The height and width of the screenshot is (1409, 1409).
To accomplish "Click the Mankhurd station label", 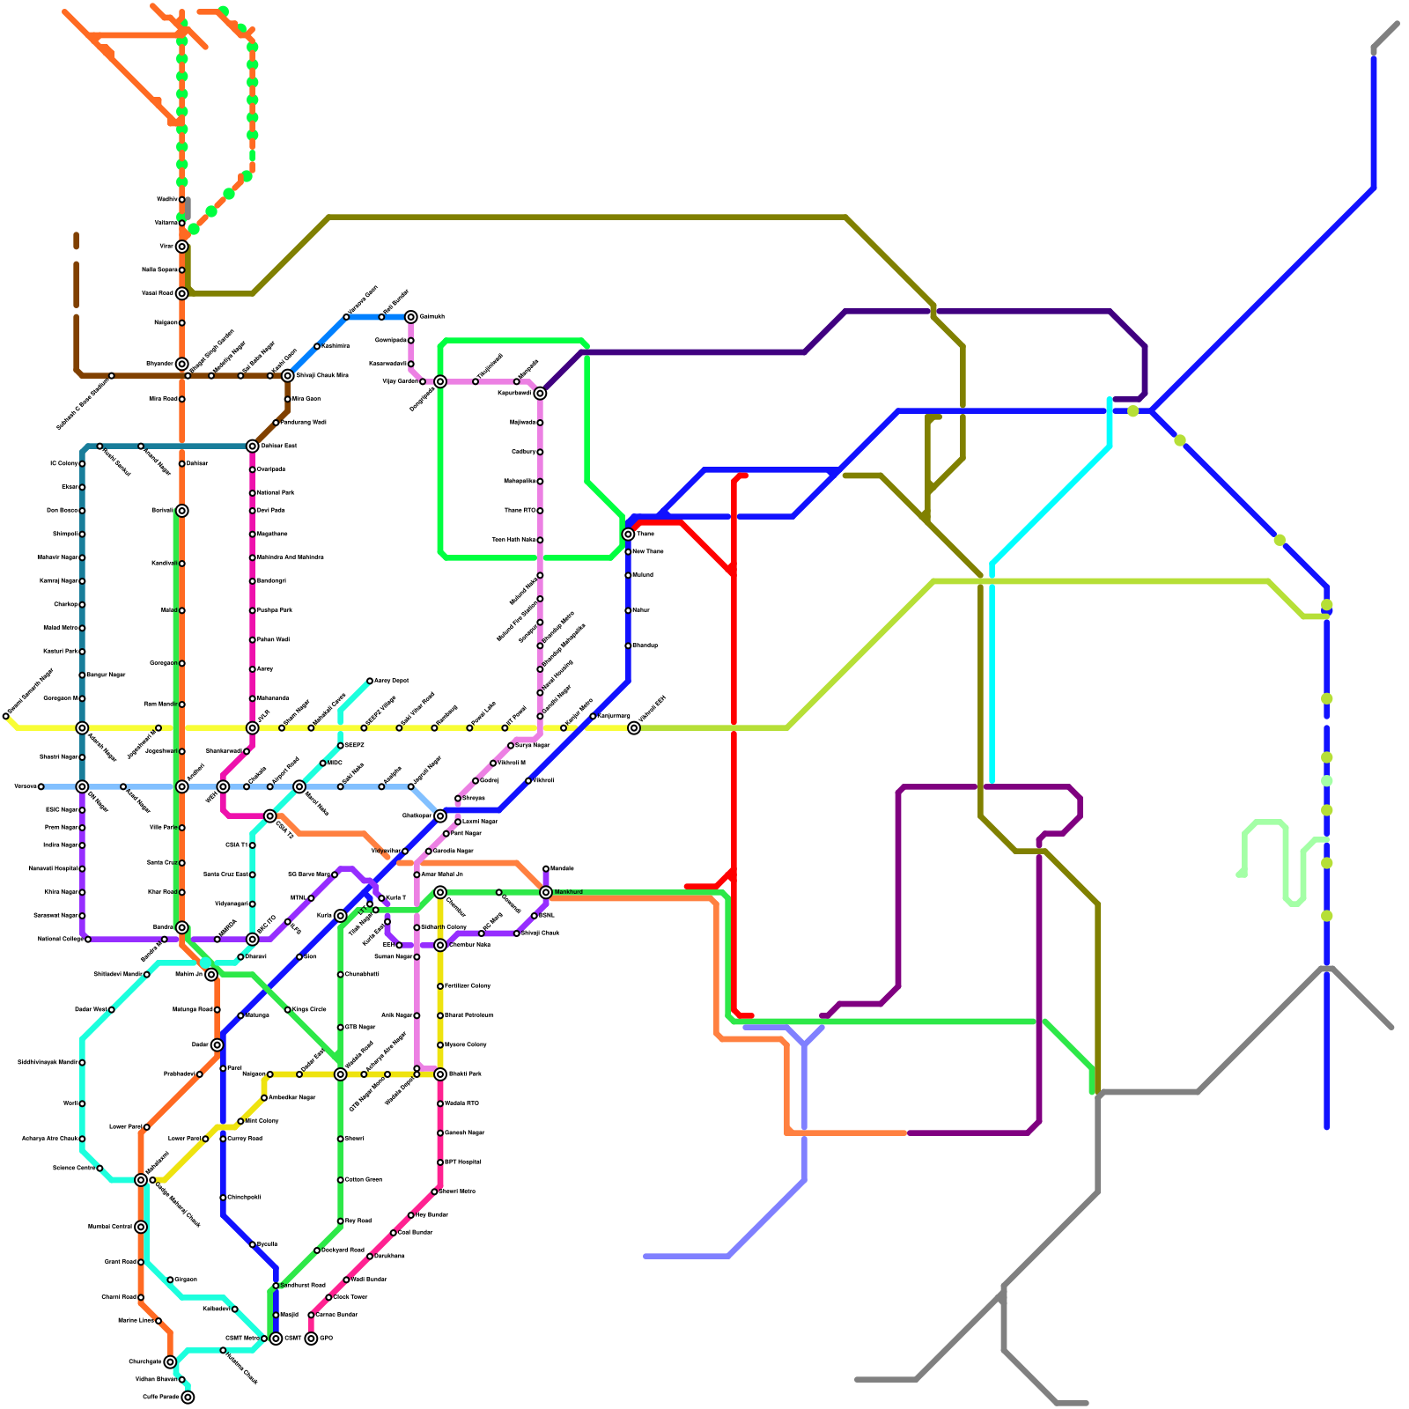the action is click(569, 892).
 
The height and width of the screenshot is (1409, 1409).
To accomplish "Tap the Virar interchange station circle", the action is click(181, 247).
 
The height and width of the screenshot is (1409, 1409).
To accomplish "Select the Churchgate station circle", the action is click(170, 1361).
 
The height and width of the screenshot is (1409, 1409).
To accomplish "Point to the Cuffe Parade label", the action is click(161, 1397).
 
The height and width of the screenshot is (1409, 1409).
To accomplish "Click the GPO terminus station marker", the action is click(311, 1339).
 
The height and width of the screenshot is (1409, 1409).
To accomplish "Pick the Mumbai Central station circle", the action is click(141, 1227).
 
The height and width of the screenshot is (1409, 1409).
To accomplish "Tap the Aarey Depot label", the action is click(391, 681).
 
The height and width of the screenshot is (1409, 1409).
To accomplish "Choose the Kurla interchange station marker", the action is click(340, 916).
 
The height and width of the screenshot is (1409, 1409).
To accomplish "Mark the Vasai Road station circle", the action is click(181, 293).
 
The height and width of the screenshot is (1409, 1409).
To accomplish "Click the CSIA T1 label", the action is click(236, 845).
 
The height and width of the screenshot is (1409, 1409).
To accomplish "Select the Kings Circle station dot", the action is click(287, 1009).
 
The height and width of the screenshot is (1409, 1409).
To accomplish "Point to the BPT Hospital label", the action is click(463, 1162).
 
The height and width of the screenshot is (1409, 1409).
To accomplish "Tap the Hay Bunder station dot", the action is click(410, 1215).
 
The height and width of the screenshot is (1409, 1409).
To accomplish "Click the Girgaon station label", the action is click(186, 1280).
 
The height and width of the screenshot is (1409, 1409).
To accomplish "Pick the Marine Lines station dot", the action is click(159, 1321).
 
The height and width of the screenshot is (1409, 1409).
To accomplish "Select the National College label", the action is click(60, 940).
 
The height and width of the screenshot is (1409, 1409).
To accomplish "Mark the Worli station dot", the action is click(82, 1103).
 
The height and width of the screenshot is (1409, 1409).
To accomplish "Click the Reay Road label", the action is click(358, 1221).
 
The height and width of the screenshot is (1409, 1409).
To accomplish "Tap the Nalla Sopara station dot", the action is click(181, 269).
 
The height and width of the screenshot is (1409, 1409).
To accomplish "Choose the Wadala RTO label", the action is click(462, 1103).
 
